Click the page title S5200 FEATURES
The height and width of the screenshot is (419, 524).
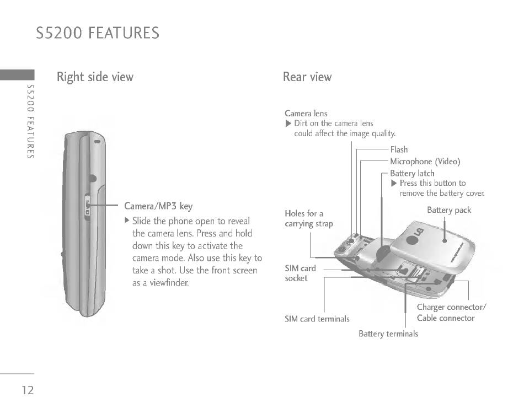(98, 33)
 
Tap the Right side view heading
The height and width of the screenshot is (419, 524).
(95, 77)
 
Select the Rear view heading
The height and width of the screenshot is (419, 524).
(307, 77)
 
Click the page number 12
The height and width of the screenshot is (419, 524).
(28, 390)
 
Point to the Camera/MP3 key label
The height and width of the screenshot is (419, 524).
(158, 207)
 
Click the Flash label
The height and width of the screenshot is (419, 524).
(399, 149)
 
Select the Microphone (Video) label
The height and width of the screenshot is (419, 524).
(425, 162)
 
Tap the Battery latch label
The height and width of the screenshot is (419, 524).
(412, 173)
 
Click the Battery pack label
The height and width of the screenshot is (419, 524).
(449, 210)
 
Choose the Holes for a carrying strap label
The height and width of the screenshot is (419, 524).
(309, 218)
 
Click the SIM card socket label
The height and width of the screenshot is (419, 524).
(300, 273)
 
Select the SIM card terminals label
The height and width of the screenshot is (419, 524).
(317, 319)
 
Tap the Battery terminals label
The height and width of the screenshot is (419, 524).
(388, 334)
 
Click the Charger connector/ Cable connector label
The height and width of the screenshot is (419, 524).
(451, 313)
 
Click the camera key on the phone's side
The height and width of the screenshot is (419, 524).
(88, 207)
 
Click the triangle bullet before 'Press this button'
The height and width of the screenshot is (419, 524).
(394, 183)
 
